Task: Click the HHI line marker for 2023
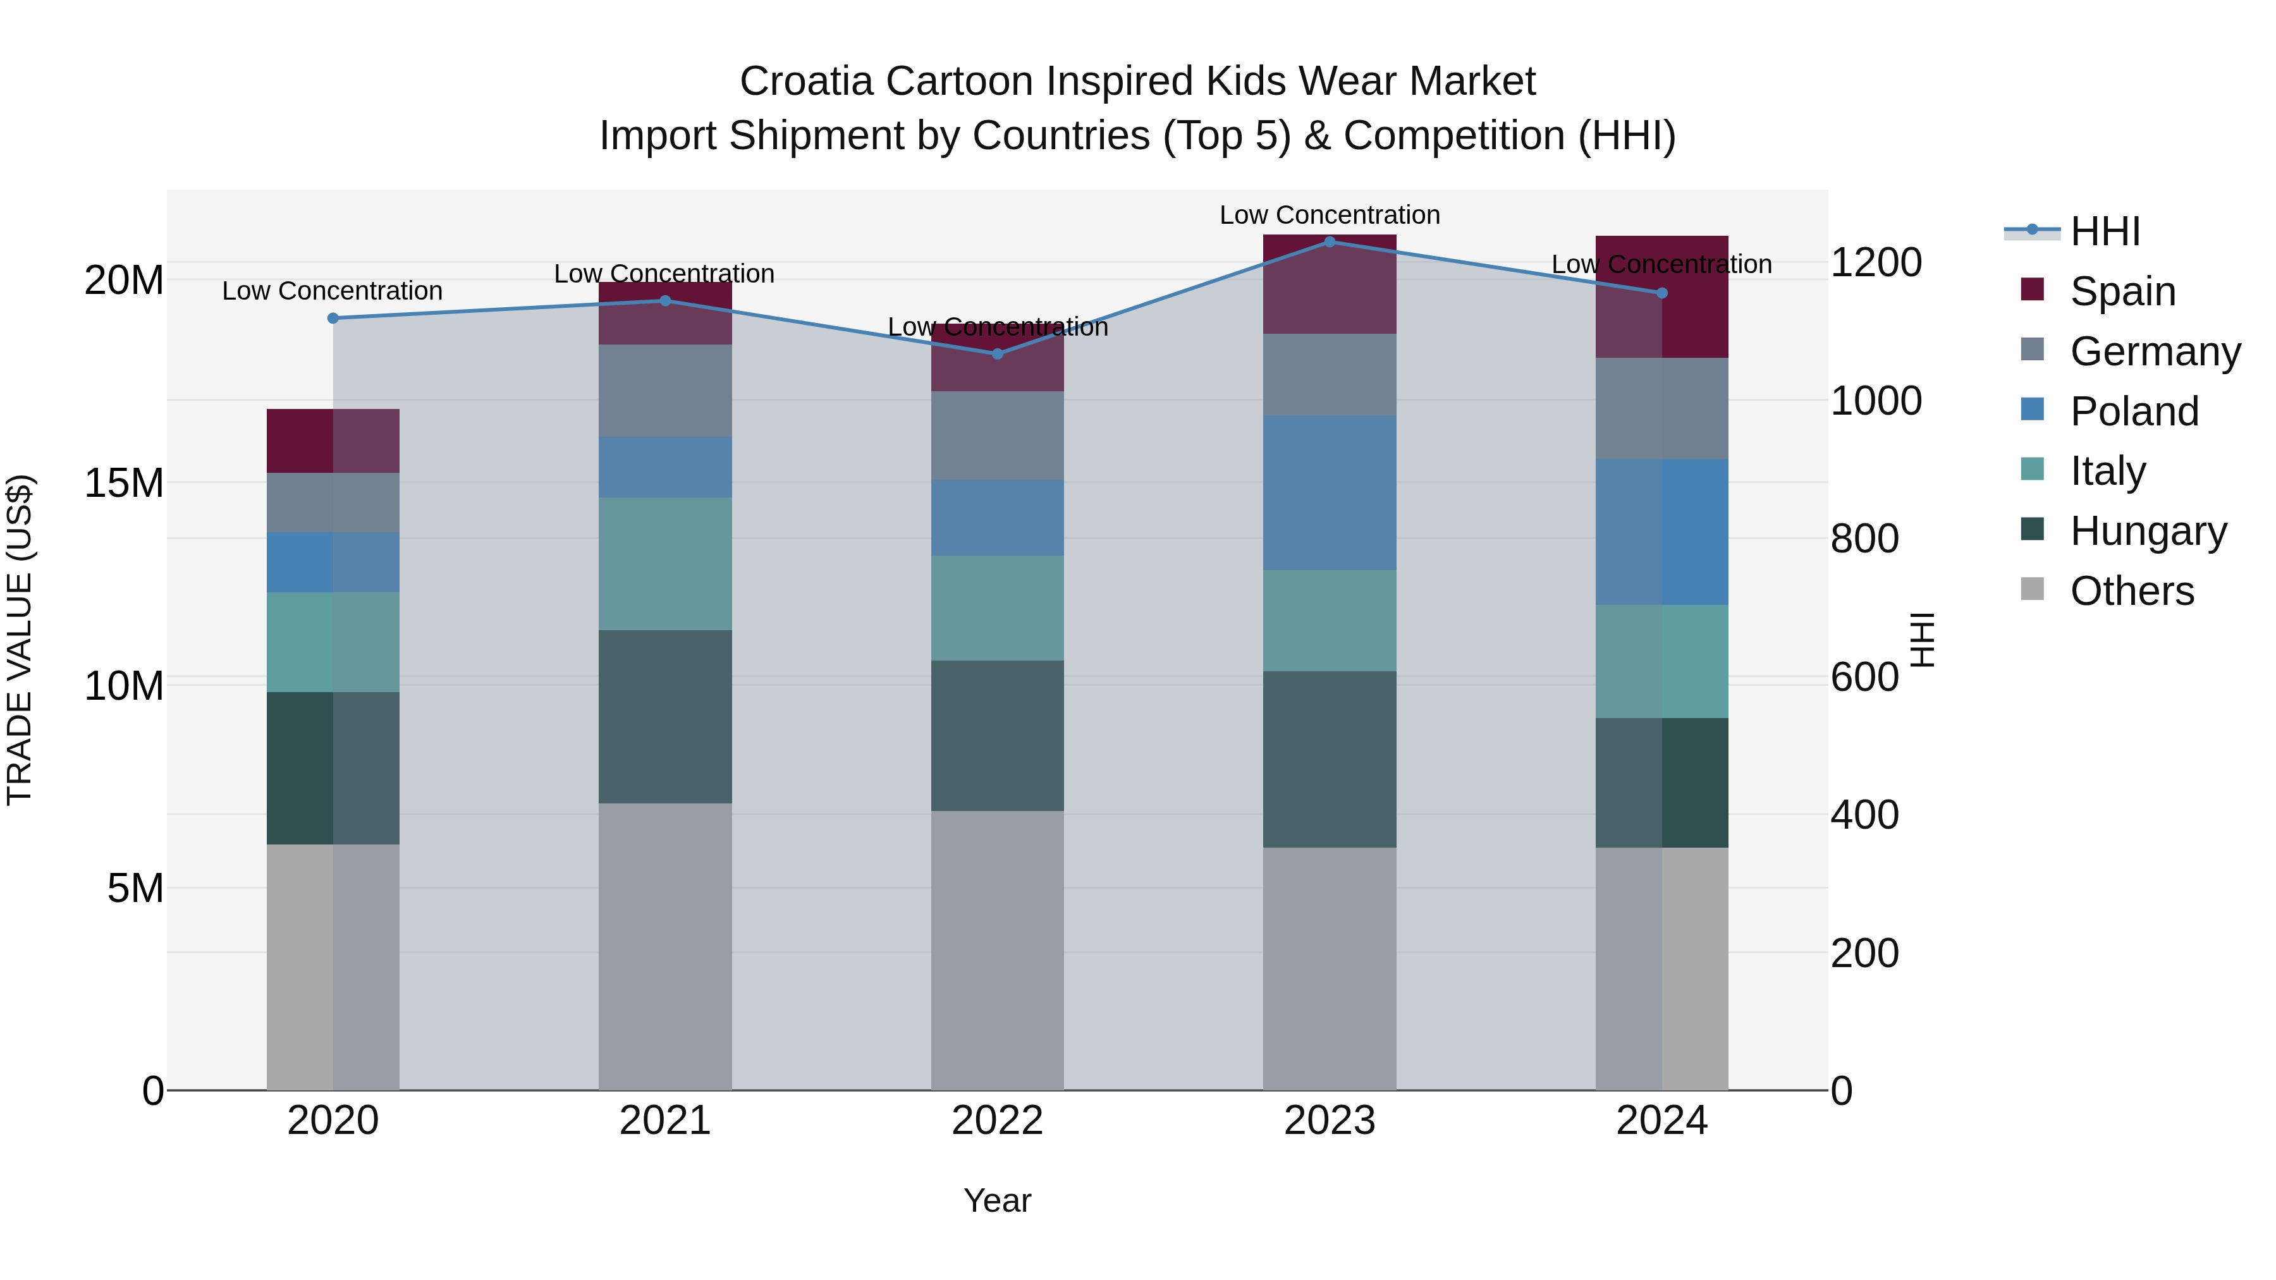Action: [1329, 242]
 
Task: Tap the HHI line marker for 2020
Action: [333, 318]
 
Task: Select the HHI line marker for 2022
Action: [998, 354]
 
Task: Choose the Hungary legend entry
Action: [2148, 531]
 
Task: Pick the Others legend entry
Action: [2131, 591]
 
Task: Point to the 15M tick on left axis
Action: [124, 483]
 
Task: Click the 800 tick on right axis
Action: [1864, 539]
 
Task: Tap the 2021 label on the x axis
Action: [665, 1121]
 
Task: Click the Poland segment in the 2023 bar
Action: [1329, 493]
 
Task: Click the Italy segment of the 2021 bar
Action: [665, 564]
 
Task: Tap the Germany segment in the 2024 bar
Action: [1661, 408]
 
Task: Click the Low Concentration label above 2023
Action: [1329, 215]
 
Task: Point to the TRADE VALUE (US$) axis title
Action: [20, 640]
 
